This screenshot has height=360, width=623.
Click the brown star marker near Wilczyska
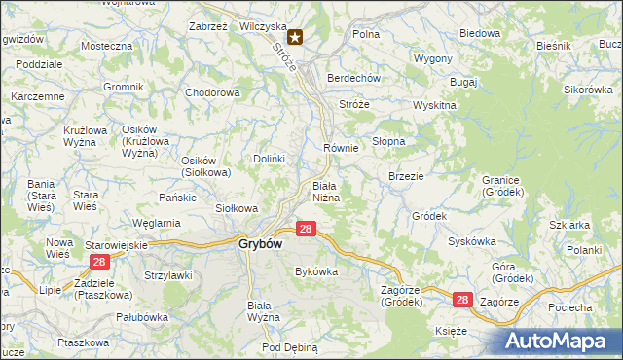pyautogui.click(x=294, y=38)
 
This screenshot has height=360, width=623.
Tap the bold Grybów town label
pyautogui.click(x=260, y=245)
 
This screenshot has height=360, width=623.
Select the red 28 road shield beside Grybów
pyautogui.click(x=306, y=229)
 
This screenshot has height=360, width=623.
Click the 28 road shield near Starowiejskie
pyautogui.click(x=98, y=263)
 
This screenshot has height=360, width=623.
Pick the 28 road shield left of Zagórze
pyautogui.click(x=462, y=302)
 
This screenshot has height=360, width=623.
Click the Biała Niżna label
pyautogui.click(x=324, y=192)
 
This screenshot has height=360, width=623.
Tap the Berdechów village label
pyautogui.click(x=352, y=79)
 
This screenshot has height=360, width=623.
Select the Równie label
pyautogui.click(x=341, y=148)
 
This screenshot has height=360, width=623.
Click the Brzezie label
pyautogui.click(x=404, y=176)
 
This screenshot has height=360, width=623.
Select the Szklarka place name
pyautogui.click(x=569, y=225)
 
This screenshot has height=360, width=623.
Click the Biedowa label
pyautogui.click(x=479, y=33)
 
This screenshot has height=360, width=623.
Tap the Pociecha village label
pyautogui.click(x=569, y=307)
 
